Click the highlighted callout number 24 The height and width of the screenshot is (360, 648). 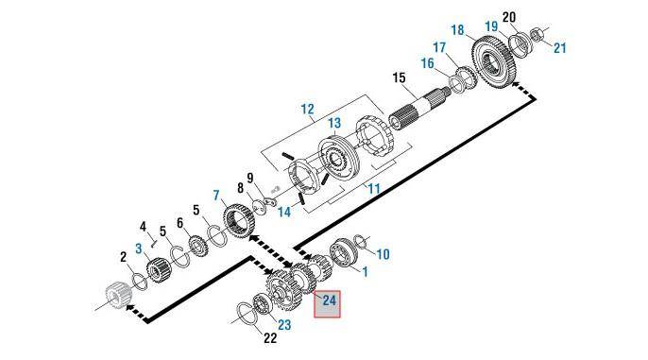click(329, 300)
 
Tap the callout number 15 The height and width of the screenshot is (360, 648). click(399, 77)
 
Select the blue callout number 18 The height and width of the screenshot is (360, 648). click(457, 29)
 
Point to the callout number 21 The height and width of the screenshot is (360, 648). click(560, 48)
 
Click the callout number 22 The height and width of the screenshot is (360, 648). click(270, 338)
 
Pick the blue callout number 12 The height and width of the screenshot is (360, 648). click(308, 109)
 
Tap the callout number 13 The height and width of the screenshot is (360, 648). click(334, 123)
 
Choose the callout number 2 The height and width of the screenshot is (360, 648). click(123, 257)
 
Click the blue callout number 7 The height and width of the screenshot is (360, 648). click(217, 195)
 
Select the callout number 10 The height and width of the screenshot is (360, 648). click(384, 254)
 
